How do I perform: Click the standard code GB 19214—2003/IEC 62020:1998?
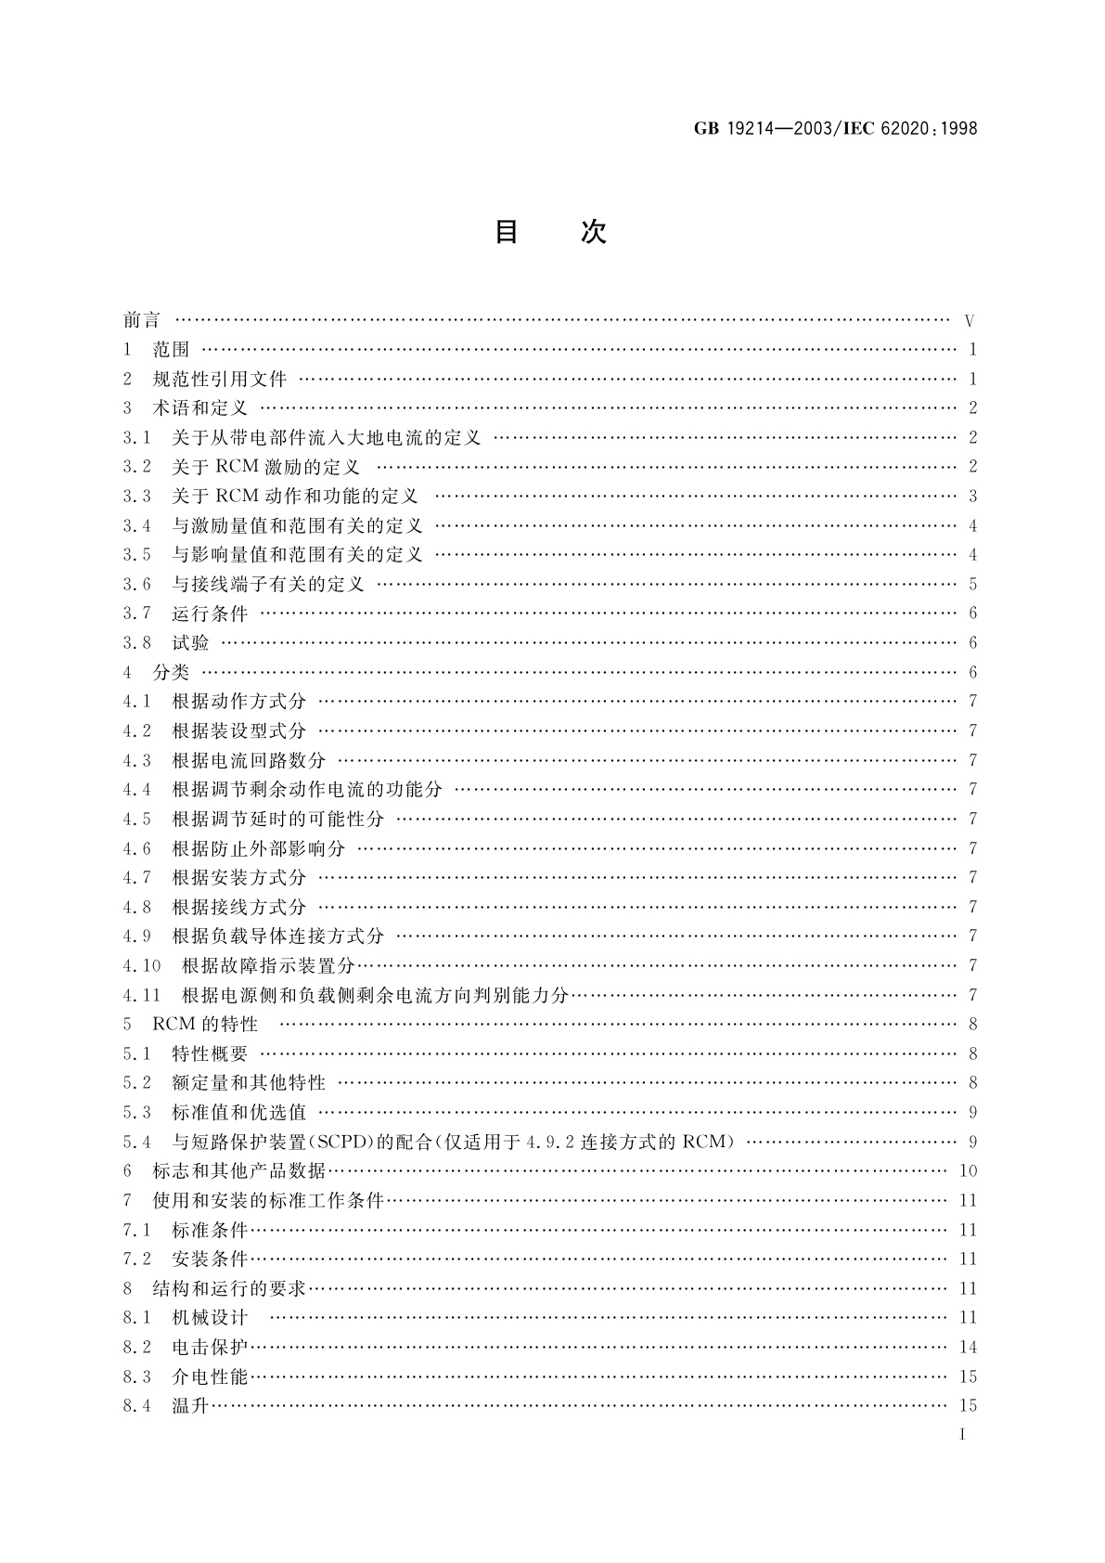[835, 129]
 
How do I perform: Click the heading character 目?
[506, 232]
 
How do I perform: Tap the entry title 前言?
[142, 320]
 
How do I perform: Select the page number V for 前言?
[970, 322]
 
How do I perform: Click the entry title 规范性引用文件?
[220, 379]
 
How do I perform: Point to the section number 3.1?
[136, 437]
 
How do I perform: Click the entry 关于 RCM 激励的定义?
[265, 467]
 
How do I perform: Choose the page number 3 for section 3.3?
[972, 497]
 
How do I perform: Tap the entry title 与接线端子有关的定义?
[268, 584]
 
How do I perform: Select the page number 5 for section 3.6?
[972, 585]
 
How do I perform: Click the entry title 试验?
[190, 642]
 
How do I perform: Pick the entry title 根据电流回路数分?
[249, 760]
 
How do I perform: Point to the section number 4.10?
[141, 965]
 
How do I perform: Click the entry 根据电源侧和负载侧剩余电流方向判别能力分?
[375, 995]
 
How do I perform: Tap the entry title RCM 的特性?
[205, 1024]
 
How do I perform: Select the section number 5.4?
[136, 1142]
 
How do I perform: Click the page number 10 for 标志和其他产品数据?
[968, 1171]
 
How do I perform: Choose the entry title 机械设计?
[210, 1317]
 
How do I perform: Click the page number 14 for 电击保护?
[968, 1348]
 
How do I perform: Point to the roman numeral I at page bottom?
[963, 1435]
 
